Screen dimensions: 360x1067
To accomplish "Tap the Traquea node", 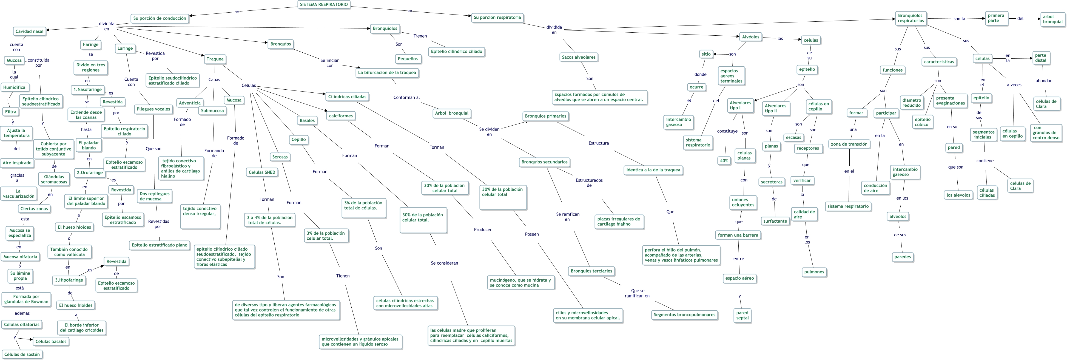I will click(215, 59).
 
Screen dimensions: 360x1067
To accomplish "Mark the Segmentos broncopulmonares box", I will click(684, 315).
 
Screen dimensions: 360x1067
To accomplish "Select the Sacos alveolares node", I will click(579, 58).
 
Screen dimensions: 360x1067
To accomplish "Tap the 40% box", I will click(724, 161).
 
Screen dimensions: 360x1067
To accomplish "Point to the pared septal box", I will click(742, 316).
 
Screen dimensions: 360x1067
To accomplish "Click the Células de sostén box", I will click(22, 355).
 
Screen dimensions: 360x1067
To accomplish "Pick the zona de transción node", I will click(849, 144).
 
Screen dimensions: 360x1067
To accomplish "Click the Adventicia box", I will click(190, 103).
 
